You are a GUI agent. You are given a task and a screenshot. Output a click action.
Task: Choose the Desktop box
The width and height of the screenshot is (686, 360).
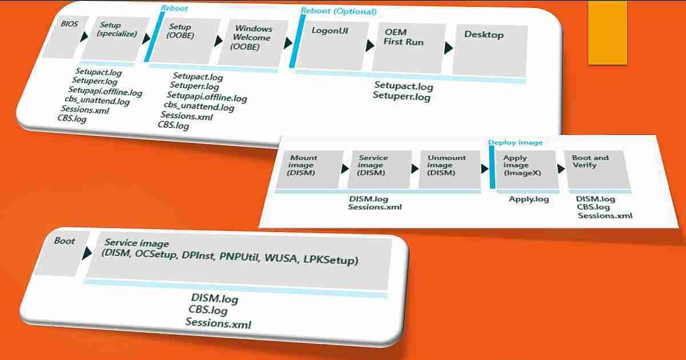point(489,50)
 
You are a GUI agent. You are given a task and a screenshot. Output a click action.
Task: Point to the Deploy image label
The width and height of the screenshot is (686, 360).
point(515,142)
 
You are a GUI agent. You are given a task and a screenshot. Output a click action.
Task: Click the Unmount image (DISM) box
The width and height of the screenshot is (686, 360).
point(448,169)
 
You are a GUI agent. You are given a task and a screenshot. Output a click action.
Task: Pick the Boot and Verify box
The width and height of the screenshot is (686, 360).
point(595,170)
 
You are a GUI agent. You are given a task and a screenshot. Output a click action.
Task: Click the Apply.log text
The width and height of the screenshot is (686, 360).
point(529,199)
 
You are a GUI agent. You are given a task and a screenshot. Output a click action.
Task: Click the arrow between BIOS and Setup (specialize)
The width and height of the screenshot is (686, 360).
point(84,37)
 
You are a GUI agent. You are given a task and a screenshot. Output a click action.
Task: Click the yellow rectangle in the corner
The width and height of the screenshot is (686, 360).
point(608,31)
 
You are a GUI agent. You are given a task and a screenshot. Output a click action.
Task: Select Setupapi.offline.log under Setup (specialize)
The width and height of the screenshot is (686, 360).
point(105,91)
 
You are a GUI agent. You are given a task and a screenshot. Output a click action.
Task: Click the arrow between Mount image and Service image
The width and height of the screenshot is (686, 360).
point(345,169)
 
